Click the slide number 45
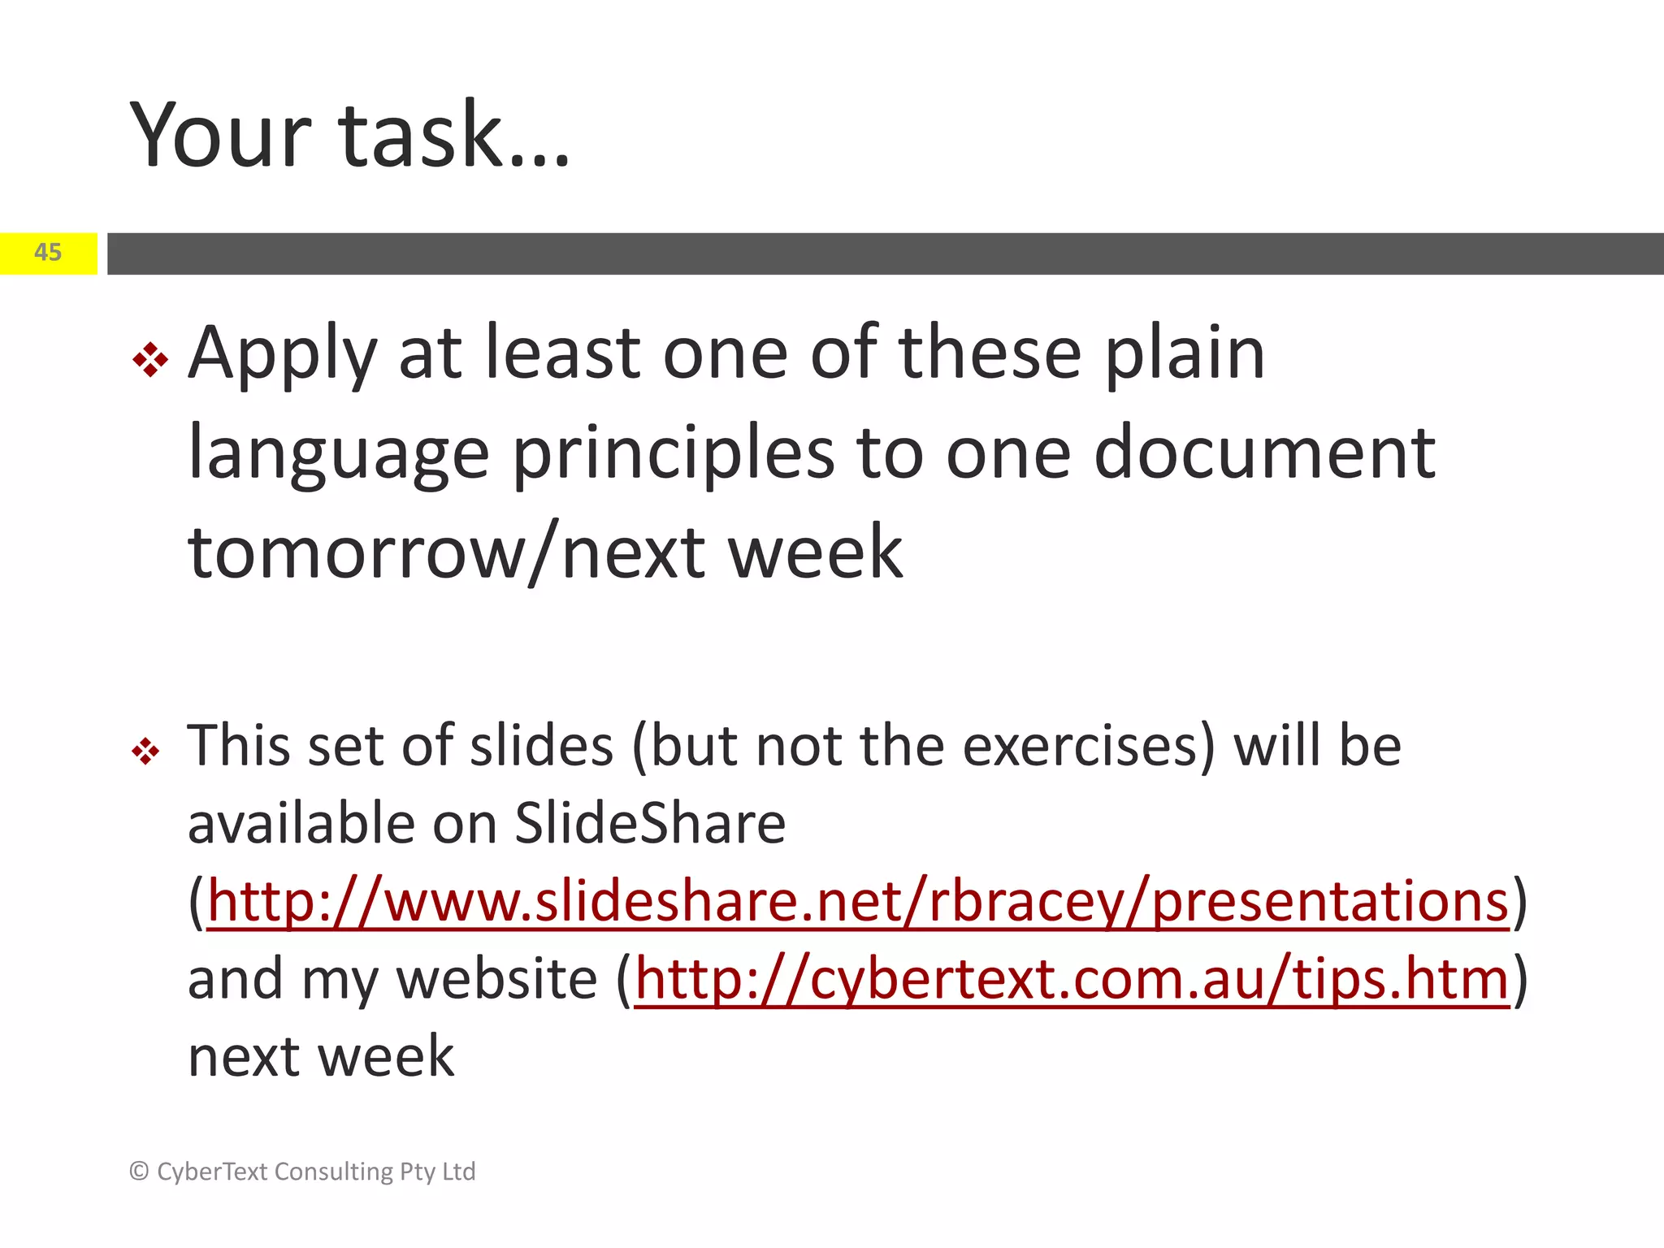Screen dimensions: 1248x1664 [x=48, y=253]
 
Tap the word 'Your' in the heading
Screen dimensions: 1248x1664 [x=220, y=135]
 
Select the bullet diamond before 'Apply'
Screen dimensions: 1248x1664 [x=150, y=359]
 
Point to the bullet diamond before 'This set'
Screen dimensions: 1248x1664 [x=146, y=751]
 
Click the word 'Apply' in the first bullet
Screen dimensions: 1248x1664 [x=282, y=355]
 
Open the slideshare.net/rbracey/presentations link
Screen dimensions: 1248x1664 [x=857, y=902]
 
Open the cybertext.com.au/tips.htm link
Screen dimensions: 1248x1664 [x=1072, y=979]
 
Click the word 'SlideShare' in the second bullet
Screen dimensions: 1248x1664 [x=650, y=824]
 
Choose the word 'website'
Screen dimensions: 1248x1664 [x=496, y=979]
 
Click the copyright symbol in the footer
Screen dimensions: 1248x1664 [x=139, y=1171]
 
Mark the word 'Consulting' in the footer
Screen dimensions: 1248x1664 [x=334, y=1172]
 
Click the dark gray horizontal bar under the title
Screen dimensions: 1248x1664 [x=885, y=253]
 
